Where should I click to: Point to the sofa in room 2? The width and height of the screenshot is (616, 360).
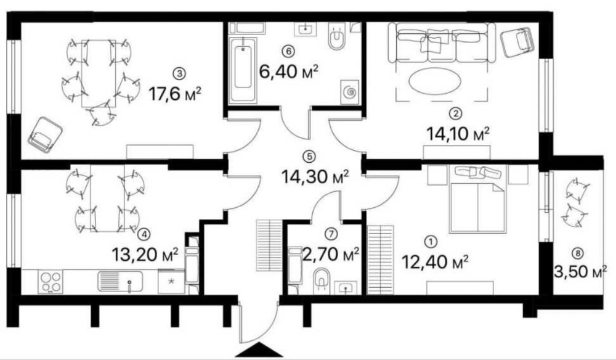click(442, 44)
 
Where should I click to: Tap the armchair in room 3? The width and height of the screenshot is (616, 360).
click(45, 134)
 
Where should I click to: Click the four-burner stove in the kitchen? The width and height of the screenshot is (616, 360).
click(51, 282)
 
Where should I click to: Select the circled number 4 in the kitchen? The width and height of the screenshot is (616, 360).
click(144, 234)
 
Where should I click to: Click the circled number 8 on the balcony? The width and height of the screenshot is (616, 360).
click(577, 252)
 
